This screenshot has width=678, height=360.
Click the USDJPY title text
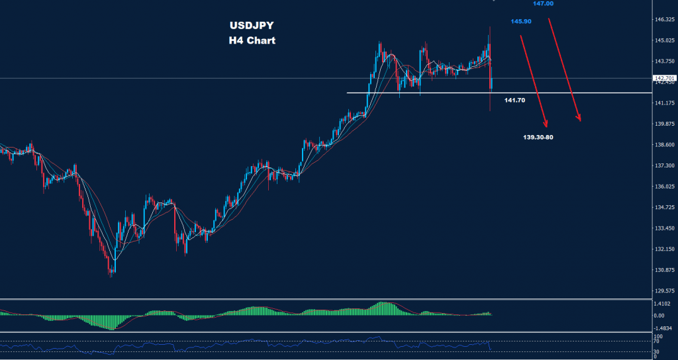[x=251, y=26]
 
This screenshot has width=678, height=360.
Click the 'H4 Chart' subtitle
[x=251, y=40]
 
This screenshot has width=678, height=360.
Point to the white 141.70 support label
[x=514, y=100]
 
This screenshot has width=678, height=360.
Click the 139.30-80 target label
[x=538, y=137]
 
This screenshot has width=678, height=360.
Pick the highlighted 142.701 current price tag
[x=664, y=78]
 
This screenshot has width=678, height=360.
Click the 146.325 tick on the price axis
[x=664, y=20]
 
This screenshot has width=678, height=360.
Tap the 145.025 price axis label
[x=664, y=41]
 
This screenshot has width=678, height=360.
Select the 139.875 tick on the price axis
[x=664, y=124]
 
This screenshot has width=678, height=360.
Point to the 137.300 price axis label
[x=664, y=165]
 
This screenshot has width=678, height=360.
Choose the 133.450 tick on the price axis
[x=664, y=228]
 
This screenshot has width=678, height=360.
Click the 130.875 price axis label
[x=664, y=270]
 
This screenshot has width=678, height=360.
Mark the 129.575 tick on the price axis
[x=664, y=291]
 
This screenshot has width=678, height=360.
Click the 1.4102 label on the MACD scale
[x=663, y=304]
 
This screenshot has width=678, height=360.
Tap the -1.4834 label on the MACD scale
[x=663, y=328]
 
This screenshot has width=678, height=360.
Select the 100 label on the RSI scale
[x=657, y=336]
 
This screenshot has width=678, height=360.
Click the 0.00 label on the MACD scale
[x=659, y=316]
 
